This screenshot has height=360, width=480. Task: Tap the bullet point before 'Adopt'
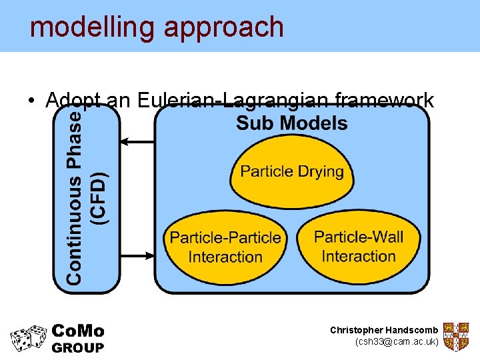(32, 101)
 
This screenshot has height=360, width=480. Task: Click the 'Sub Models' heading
(292, 123)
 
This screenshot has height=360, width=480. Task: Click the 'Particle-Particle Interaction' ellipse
(225, 247)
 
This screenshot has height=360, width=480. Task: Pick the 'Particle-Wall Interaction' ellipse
(359, 246)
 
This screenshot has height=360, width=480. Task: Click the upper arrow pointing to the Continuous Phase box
(137, 141)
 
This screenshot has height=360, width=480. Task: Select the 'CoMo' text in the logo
(78, 331)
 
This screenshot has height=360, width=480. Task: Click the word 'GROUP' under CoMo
(78, 347)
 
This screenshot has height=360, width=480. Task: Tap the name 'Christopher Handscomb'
(384, 330)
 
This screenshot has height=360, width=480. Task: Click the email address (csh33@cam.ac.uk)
(397, 342)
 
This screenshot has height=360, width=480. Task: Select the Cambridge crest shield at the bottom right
(456, 337)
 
